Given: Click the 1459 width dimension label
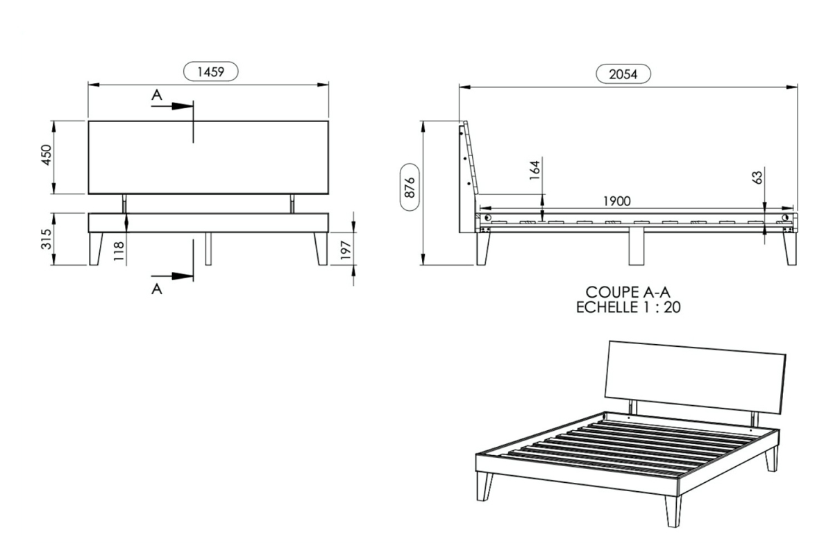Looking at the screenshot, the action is pos(210,71).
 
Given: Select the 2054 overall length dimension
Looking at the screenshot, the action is pos(623,74).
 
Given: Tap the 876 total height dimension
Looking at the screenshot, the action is pos(410,187).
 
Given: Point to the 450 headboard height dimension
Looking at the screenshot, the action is pos(47,155).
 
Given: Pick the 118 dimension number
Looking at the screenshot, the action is pos(118,251).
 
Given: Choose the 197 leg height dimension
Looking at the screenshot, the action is pos(346,250).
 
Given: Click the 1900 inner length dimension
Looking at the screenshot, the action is pos(616,201).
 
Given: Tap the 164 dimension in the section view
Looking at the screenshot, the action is pos(535,170).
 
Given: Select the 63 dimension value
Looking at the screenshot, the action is pos(757,178).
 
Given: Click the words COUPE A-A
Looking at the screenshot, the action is pos(628,292).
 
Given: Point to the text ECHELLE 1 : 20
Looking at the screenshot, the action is pos(628,307).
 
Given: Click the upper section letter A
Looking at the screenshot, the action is pos(157,95).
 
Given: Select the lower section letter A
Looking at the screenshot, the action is pos(157,289).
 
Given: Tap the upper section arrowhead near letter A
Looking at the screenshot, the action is pos(182,106).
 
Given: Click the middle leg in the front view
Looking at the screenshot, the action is pos(208,248).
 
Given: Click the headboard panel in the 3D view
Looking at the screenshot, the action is pos(695,377).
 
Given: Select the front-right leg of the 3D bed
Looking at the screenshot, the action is pos(673,511).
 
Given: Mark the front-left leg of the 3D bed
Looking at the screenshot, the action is pos(485,486).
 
